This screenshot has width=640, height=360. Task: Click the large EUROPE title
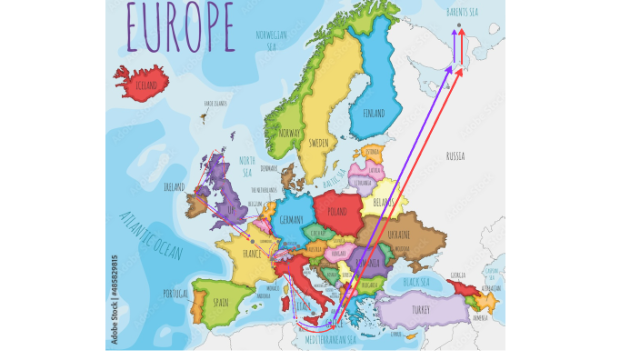click(x=179, y=26)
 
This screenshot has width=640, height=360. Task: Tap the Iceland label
click(x=146, y=85)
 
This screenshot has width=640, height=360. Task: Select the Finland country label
click(x=374, y=114)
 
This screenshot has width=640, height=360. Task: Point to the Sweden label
click(x=318, y=143)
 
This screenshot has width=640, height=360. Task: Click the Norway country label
click(x=289, y=133)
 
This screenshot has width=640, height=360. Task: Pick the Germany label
click(x=292, y=220)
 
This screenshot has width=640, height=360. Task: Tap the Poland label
click(x=337, y=211)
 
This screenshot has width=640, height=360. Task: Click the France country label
click(x=252, y=255)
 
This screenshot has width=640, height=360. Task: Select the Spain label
click(x=221, y=302)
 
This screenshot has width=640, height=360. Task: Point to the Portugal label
click(x=175, y=293)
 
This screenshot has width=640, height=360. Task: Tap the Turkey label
click(x=420, y=310)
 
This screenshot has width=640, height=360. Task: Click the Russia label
click(x=455, y=156)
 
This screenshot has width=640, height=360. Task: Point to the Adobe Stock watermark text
click(x=115, y=299)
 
